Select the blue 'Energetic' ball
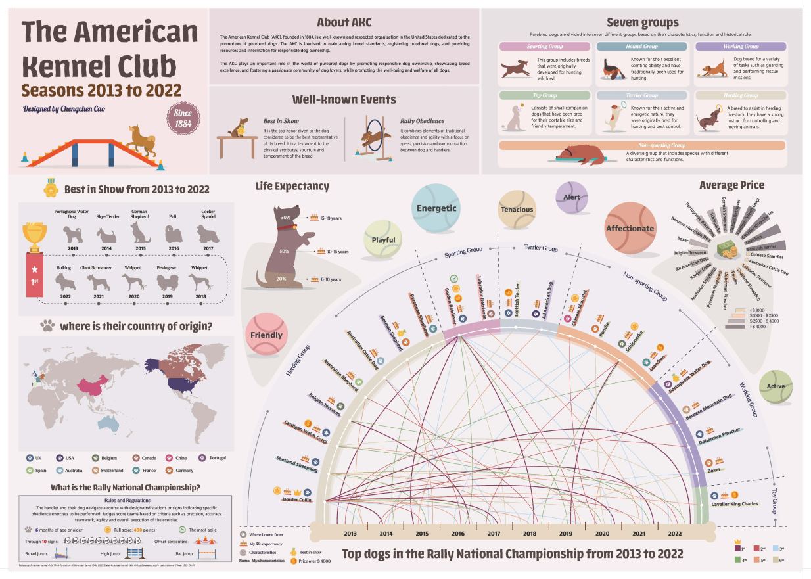(x=436, y=208)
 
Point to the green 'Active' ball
(x=776, y=386)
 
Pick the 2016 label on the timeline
(x=457, y=534)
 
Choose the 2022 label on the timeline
(x=674, y=534)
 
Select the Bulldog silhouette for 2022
(x=66, y=283)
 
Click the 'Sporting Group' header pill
(x=545, y=47)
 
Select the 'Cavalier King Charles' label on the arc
(x=734, y=504)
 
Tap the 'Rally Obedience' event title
(x=422, y=121)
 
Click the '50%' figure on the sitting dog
(x=285, y=251)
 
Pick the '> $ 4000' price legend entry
(x=748, y=326)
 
